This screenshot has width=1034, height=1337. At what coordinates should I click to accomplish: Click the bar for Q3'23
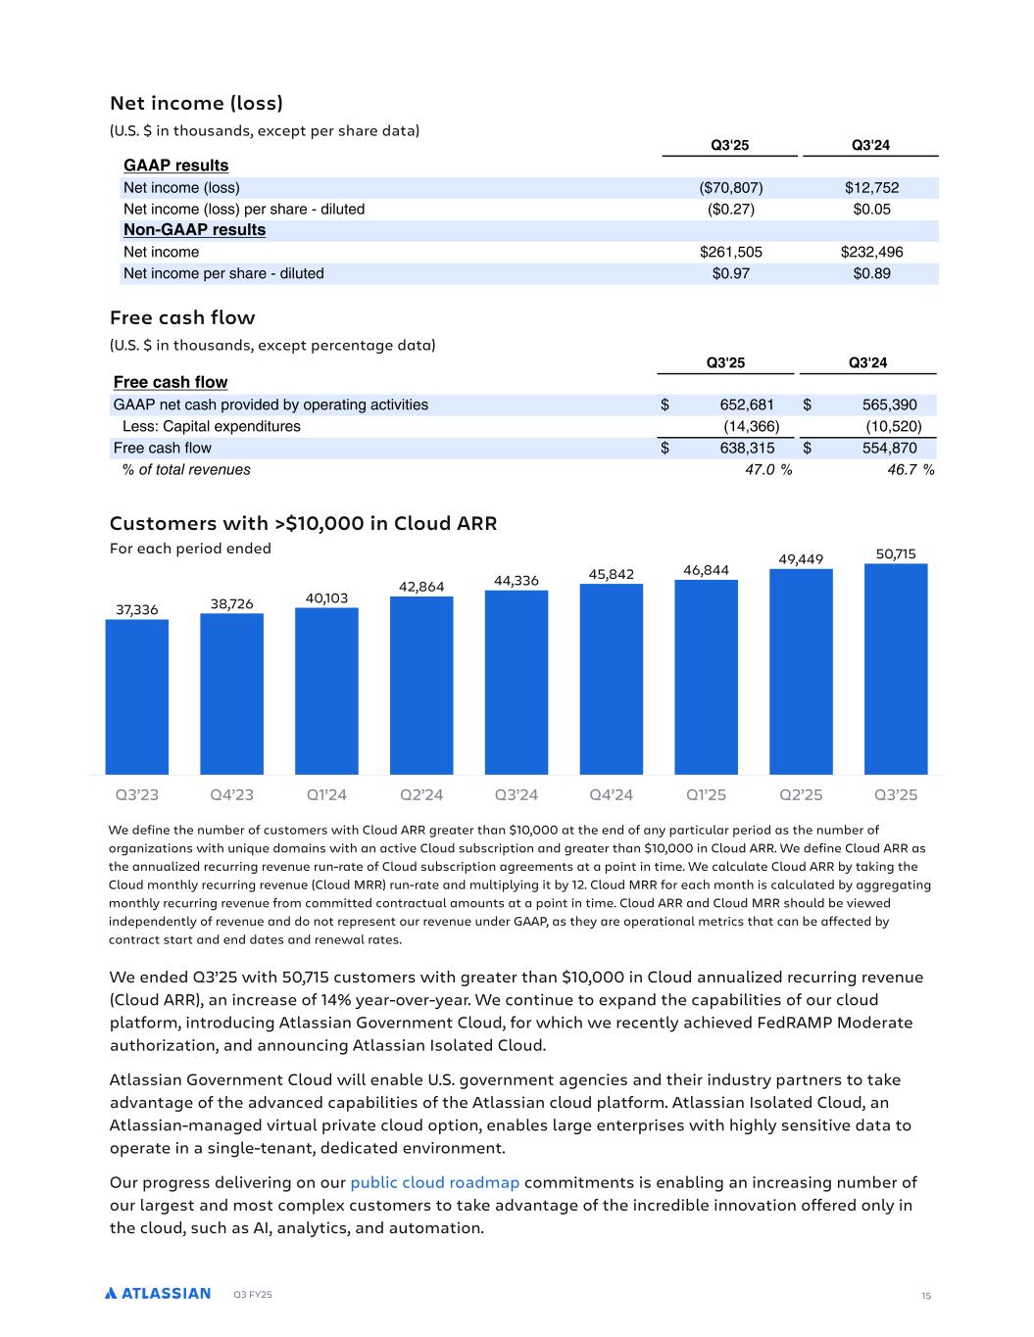[x=136, y=696]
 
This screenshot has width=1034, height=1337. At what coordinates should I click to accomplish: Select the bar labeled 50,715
[x=896, y=669]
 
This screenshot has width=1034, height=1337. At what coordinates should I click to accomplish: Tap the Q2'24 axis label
[x=421, y=794]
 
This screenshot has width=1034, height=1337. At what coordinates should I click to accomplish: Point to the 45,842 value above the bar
[x=612, y=574]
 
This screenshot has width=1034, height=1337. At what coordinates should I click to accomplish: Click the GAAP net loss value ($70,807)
[x=730, y=188]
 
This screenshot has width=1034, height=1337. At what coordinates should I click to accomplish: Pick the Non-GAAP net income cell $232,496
[x=871, y=252]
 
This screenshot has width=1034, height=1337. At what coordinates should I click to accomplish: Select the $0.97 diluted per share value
[x=730, y=273]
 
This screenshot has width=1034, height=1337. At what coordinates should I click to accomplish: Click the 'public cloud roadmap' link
[x=434, y=1182]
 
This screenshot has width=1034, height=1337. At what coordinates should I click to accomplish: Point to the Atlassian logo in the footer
[x=158, y=1293]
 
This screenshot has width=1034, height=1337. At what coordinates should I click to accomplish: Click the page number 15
[x=925, y=1296]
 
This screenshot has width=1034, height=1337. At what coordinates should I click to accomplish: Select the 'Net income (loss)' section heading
[x=196, y=103]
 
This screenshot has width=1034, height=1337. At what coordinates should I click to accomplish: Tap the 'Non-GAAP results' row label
[x=194, y=230]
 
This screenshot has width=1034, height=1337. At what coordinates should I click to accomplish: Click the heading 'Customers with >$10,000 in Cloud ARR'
[x=303, y=523]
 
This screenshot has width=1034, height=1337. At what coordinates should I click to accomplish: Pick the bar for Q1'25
[x=706, y=677]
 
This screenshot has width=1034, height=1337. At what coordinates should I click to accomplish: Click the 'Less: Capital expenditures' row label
[x=211, y=426]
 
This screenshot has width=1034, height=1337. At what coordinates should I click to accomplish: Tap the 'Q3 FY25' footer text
[x=253, y=1295]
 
